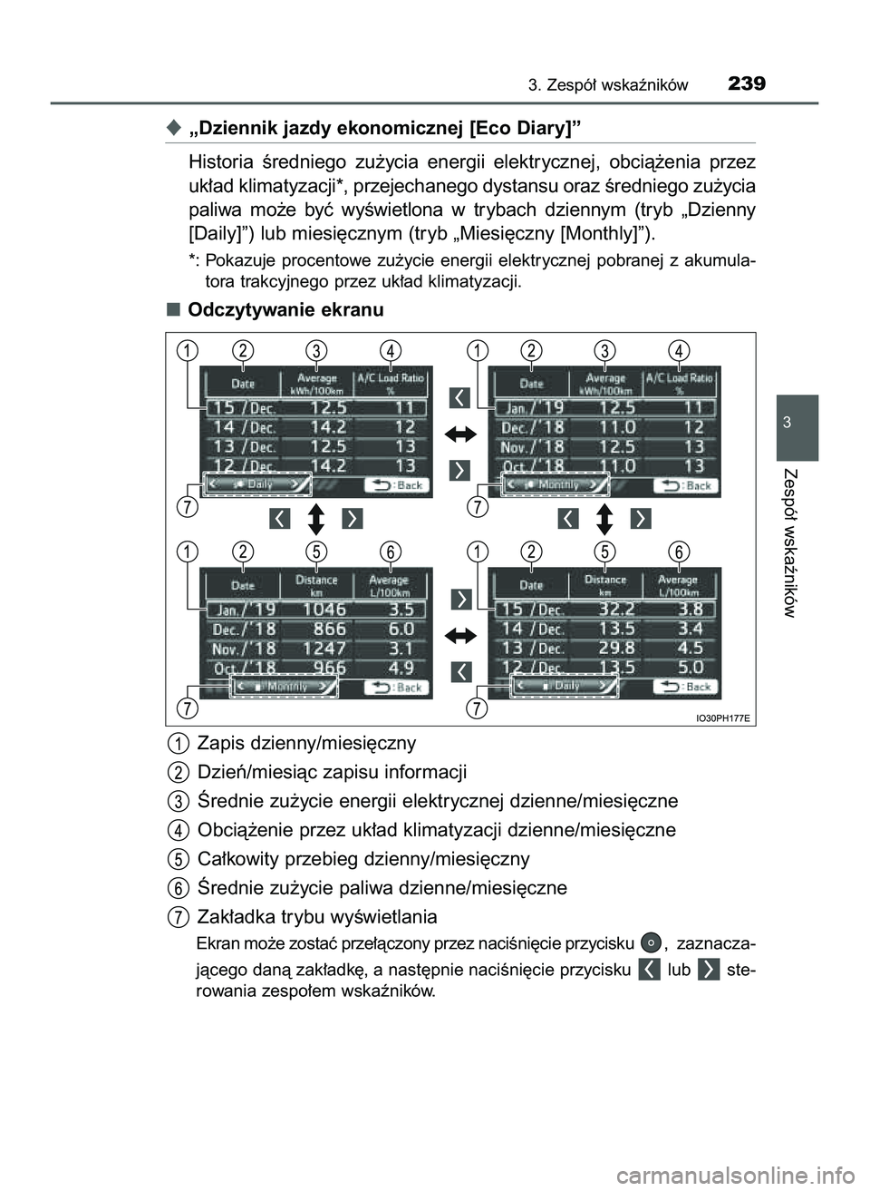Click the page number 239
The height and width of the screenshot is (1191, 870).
[746, 85]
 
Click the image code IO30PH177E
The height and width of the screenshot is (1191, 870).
[722, 717]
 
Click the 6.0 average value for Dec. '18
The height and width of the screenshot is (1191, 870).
[400, 629]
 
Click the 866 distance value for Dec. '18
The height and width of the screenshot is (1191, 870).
[324, 629]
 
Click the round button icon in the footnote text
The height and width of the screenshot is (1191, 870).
[649, 942]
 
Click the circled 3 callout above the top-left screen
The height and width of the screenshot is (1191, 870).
[316, 349]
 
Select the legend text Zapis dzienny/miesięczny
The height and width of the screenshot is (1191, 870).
[306, 743]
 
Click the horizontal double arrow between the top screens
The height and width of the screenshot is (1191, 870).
[459, 434]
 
